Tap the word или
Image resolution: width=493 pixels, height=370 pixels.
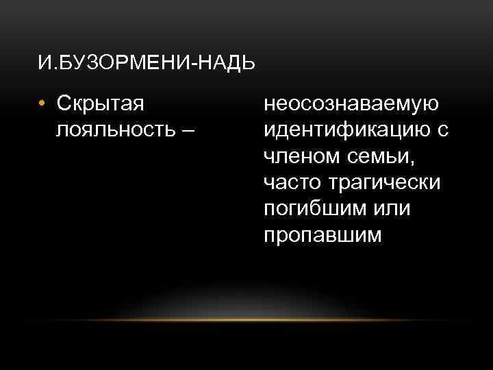[390, 209]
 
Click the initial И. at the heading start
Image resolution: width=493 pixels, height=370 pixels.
[44, 64]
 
